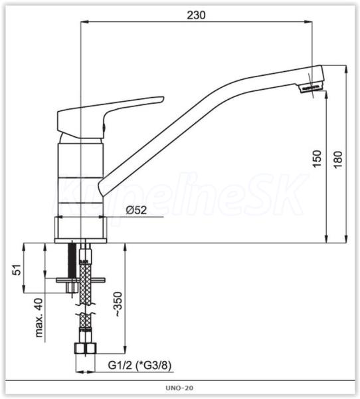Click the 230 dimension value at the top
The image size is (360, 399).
(196, 15)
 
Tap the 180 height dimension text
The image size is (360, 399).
(338, 160)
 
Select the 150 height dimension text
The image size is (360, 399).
(317, 159)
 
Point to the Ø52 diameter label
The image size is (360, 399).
(136, 210)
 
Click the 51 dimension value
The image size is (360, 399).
(17, 270)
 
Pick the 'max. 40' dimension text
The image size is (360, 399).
(39, 318)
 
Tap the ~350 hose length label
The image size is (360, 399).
(118, 304)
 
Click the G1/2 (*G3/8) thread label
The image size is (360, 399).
(139, 365)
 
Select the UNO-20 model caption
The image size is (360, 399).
(179, 388)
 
